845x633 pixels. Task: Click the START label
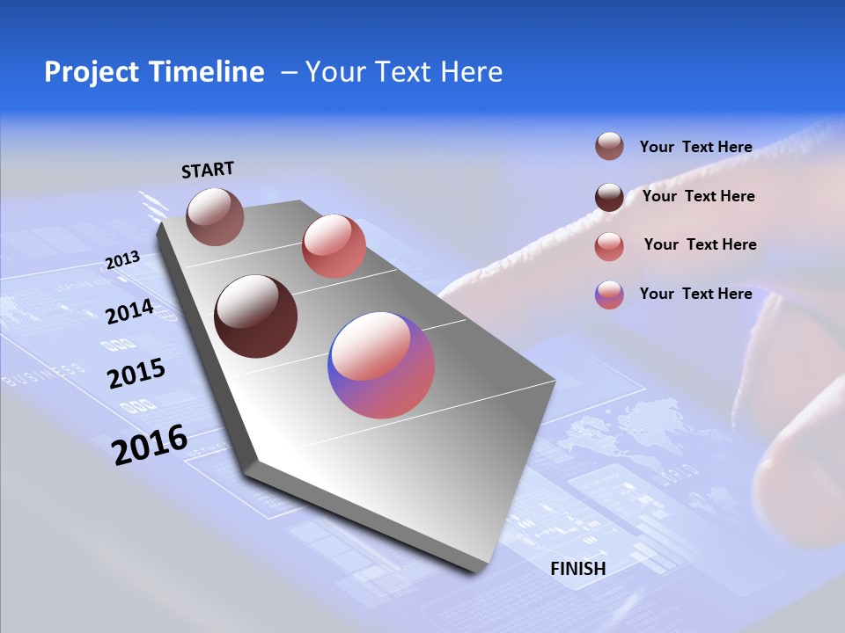coord(208,170)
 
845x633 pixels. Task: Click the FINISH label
coord(578,568)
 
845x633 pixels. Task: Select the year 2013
coord(122,260)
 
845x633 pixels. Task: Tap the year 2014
coord(129,312)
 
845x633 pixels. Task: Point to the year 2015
coord(136,374)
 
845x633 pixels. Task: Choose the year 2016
coord(150,444)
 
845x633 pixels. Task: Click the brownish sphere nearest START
coord(215,216)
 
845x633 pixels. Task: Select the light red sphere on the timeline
coord(334,246)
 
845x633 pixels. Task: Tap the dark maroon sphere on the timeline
coord(256,316)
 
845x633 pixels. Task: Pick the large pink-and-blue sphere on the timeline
coord(381,365)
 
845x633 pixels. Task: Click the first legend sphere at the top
coord(609,147)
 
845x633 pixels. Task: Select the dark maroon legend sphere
coord(609,196)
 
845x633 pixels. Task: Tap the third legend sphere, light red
coord(609,246)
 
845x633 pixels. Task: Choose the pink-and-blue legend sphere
coord(609,295)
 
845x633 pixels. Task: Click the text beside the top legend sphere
coord(695,147)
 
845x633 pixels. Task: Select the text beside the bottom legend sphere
coord(695,294)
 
